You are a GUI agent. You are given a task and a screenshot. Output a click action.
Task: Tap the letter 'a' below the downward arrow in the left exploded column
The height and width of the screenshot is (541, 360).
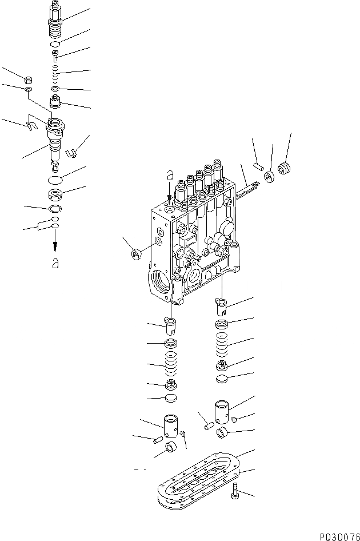[55, 263]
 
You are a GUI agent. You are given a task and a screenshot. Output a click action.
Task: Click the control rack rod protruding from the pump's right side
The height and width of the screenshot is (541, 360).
[247, 186]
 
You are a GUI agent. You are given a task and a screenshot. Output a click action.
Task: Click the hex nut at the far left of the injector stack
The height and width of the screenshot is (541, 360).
[27, 78]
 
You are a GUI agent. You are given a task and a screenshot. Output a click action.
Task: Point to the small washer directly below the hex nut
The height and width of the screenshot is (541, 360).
[28, 90]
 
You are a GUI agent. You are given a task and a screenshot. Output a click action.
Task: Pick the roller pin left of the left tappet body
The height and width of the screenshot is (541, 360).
[158, 439]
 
